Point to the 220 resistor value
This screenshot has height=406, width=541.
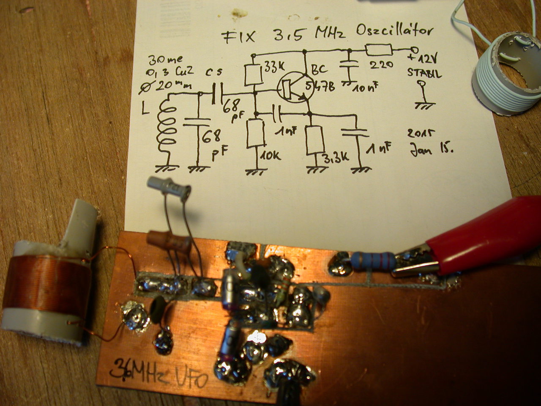(381, 65)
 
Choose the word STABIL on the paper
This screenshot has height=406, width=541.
(424, 73)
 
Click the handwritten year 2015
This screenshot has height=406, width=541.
(421, 134)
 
